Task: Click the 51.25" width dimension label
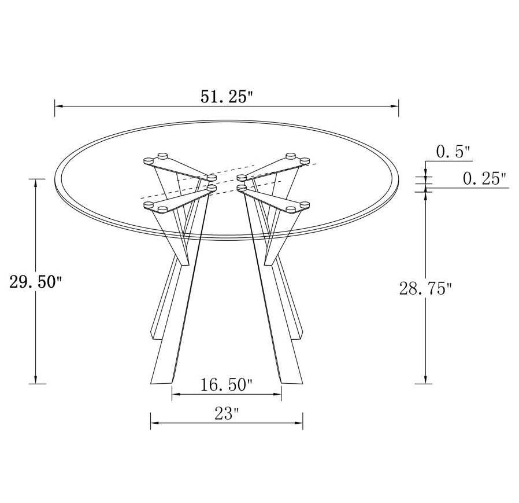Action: coord(227,97)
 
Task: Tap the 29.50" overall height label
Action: coord(35,282)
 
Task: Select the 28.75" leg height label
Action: coord(425,288)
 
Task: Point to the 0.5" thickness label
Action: coord(453,152)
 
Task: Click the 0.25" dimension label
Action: coord(484,179)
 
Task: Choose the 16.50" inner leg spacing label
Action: coord(227,384)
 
